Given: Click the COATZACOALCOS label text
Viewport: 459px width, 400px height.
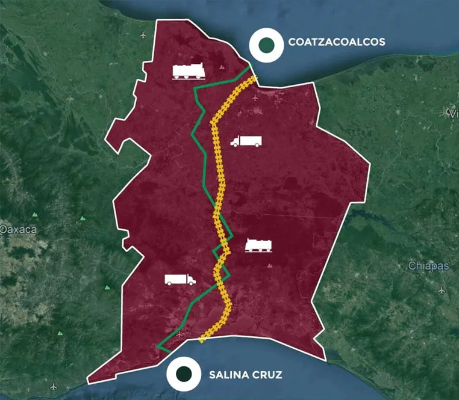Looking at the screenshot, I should tap(337, 42).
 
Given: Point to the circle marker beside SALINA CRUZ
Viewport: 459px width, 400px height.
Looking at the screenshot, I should tap(184, 374).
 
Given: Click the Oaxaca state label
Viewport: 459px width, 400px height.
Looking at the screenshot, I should tap(18, 229).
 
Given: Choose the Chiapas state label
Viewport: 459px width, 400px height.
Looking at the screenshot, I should tap(428, 265).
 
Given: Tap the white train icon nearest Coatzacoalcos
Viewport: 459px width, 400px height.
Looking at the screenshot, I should tap(189, 72).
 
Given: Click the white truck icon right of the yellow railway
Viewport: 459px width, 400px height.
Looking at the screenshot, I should tap(246, 141).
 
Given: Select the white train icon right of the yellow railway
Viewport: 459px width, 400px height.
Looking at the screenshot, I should tap(260, 245).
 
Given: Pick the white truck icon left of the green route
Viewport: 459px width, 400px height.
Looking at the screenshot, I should tap(180, 279).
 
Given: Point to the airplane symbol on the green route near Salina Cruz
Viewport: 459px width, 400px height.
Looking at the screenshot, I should tap(181, 332).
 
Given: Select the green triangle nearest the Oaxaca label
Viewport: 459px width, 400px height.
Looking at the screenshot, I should tap(36, 214).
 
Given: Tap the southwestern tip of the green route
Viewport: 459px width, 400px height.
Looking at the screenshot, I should tap(158, 347).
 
